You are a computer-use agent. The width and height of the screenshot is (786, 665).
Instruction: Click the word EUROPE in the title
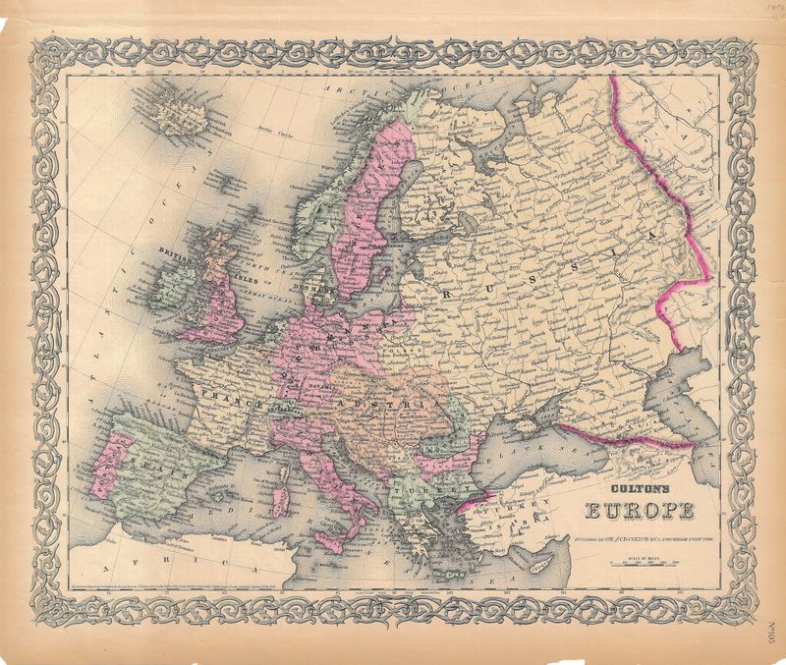[639, 511]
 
